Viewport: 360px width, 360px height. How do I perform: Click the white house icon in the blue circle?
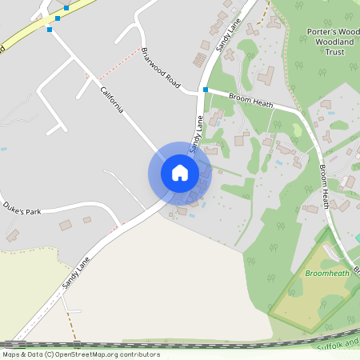coord(180,173)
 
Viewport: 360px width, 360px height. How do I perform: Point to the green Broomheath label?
coord(327,274)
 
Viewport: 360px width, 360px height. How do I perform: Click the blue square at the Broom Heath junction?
coord(206,90)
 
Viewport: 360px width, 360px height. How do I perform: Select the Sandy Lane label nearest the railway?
coord(77,273)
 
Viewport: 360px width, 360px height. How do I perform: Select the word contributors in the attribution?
coord(140,354)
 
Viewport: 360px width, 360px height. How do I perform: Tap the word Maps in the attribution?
coord(12,354)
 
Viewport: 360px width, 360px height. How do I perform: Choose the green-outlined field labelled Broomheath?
coord(312,292)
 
